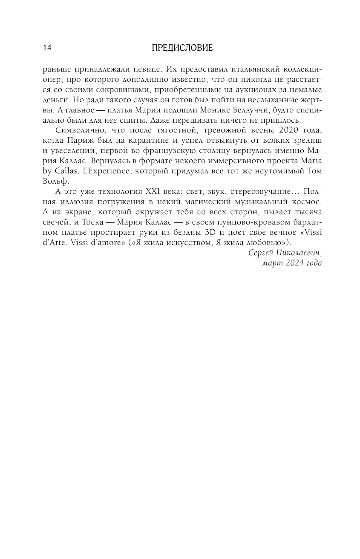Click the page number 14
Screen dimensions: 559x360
coord(47,48)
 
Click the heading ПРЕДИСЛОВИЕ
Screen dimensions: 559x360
coord(182,48)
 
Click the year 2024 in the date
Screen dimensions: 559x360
coord(291,263)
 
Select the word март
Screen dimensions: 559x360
coord(270,263)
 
